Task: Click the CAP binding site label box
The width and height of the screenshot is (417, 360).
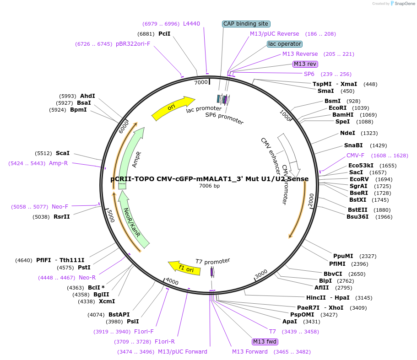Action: tap(246, 24)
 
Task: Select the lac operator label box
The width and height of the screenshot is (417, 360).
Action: tap(285, 44)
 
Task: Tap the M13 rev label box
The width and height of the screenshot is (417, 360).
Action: tap(305, 64)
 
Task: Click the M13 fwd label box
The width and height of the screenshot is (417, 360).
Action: tap(265, 342)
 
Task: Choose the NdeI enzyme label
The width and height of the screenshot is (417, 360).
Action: tap(347, 133)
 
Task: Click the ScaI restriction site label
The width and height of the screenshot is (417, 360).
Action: tap(63, 153)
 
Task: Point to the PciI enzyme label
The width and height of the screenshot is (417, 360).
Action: tap(164, 34)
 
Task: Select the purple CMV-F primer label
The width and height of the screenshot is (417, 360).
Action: tap(356, 156)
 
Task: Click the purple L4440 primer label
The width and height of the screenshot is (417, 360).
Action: tap(191, 24)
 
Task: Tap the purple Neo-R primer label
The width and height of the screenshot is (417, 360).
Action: tap(87, 277)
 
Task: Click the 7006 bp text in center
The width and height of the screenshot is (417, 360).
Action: tap(210, 186)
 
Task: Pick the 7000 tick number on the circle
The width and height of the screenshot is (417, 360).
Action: tap(201, 82)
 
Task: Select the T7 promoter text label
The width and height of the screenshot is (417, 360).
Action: tap(212, 261)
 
